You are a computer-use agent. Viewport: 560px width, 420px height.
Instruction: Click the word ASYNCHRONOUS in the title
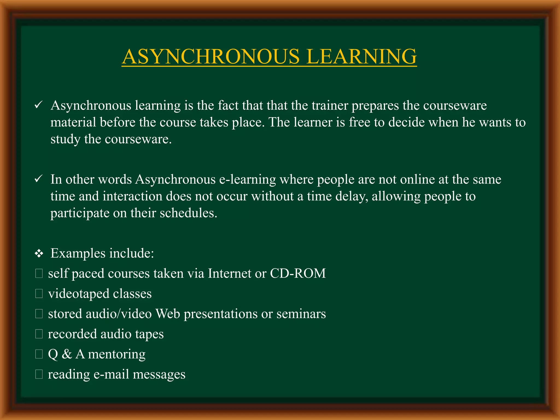(x=211, y=57)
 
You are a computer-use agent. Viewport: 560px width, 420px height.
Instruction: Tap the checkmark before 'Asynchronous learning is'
(x=38, y=105)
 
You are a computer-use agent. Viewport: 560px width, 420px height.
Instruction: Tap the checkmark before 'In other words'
(x=38, y=179)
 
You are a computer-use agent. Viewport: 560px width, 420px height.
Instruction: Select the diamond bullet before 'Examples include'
(x=39, y=254)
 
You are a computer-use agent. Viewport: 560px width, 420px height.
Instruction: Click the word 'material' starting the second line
(x=73, y=122)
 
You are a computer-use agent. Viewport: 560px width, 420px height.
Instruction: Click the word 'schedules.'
(x=188, y=213)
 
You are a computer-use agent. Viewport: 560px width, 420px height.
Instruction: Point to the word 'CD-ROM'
(x=298, y=273)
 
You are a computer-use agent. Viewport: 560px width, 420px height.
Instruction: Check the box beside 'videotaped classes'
(x=39, y=294)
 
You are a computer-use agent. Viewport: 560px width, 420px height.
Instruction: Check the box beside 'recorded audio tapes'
(x=39, y=334)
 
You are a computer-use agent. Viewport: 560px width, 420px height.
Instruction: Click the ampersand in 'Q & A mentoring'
(x=67, y=354)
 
